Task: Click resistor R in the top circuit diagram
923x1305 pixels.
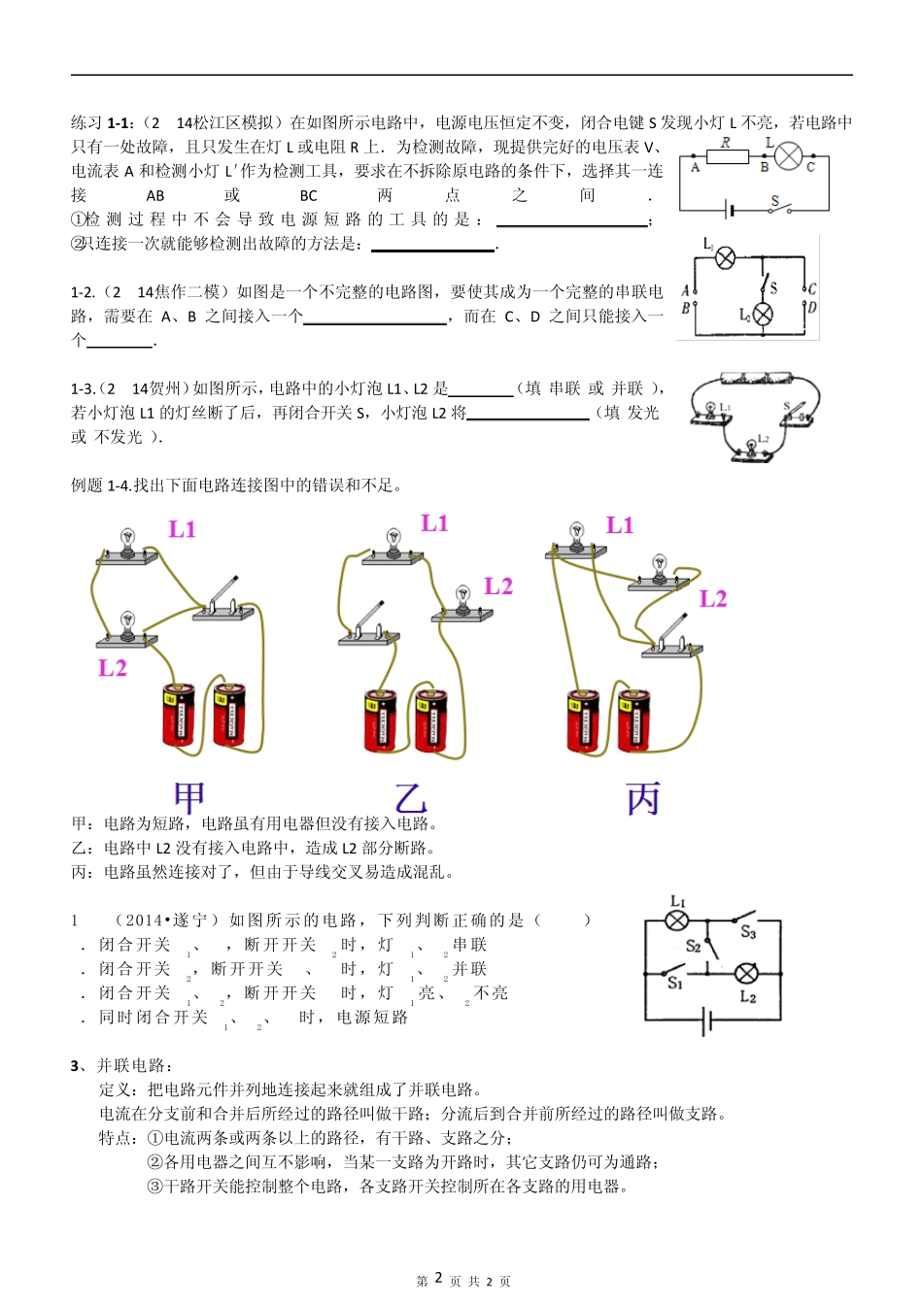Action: [727, 156]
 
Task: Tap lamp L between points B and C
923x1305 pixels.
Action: [788, 156]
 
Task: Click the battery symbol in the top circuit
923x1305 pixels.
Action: [728, 209]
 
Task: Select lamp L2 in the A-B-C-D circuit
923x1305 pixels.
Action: [764, 314]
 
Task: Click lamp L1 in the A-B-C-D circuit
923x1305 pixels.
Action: [725, 257]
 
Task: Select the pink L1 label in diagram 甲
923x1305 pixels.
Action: [183, 529]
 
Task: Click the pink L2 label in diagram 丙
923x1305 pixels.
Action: [713, 598]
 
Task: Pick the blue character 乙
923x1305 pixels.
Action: [411, 798]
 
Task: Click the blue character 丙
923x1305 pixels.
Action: [643, 798]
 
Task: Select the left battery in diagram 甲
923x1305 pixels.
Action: [178, 716]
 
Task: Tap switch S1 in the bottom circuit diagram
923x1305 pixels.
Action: [675, 970]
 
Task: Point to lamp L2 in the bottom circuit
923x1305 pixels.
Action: [746, 974]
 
